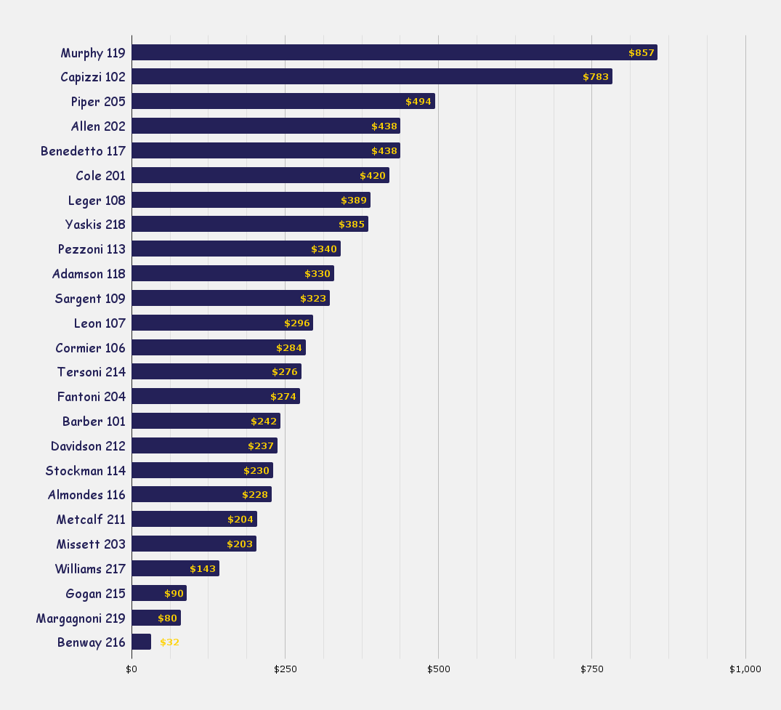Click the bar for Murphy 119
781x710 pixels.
click(394, 52)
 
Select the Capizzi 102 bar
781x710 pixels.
click(371, 76)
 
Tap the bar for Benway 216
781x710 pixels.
click(141, 642)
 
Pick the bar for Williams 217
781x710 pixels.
click(175, 568)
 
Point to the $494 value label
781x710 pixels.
click(418, 102)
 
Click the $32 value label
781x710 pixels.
click(169, 642)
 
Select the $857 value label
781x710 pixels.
click(642, 53)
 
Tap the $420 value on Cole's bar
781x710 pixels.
click(373, 176)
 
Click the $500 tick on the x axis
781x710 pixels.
click(438, 669)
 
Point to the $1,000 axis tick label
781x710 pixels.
click(745, 669)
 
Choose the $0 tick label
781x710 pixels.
click(131, 669)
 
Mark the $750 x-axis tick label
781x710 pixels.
click(591, 669)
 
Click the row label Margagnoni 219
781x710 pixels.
click(81, 618)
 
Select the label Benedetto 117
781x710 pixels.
click(83, 151)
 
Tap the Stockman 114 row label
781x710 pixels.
click(85, 471)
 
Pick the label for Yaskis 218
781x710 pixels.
click(95, 225)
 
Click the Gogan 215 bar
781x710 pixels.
click(158, 593)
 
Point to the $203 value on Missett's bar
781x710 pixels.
click(240, 544)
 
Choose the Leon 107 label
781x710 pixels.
click(100, 323)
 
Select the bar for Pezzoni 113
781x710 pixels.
click(235, 249)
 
